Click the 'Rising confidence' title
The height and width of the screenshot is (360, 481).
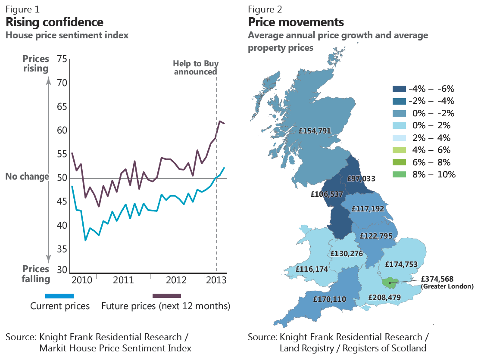pos(54,22)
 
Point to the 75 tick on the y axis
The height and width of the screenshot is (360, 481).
pos(62,59)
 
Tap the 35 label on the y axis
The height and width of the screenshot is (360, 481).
pos(62,249)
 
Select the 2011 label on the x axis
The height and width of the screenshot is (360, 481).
pos(123,280)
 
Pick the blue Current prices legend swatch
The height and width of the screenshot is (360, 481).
pos(59,296)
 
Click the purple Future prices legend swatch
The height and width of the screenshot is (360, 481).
pos(167,296)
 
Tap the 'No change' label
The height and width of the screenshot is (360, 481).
pos(27,177)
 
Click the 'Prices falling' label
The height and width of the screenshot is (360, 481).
pos(36,274)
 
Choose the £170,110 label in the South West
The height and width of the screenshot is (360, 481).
pos(330,298)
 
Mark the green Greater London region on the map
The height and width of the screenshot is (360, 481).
pos(390,282)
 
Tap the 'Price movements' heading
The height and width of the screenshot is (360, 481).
pos(296,22)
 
